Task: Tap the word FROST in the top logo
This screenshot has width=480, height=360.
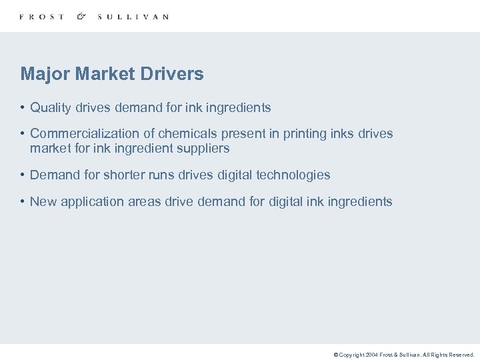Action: (42, 17)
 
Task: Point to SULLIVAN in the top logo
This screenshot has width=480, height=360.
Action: (133, 17)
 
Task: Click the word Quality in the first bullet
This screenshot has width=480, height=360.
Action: (51, 107)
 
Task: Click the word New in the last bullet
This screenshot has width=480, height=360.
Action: (43, 201)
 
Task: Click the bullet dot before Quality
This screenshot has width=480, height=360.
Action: (23, 107)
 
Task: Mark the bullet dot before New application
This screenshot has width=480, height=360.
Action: (23, 201)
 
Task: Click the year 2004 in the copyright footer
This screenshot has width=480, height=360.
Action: (371, 355)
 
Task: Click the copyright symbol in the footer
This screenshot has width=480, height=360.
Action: (336, 355)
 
